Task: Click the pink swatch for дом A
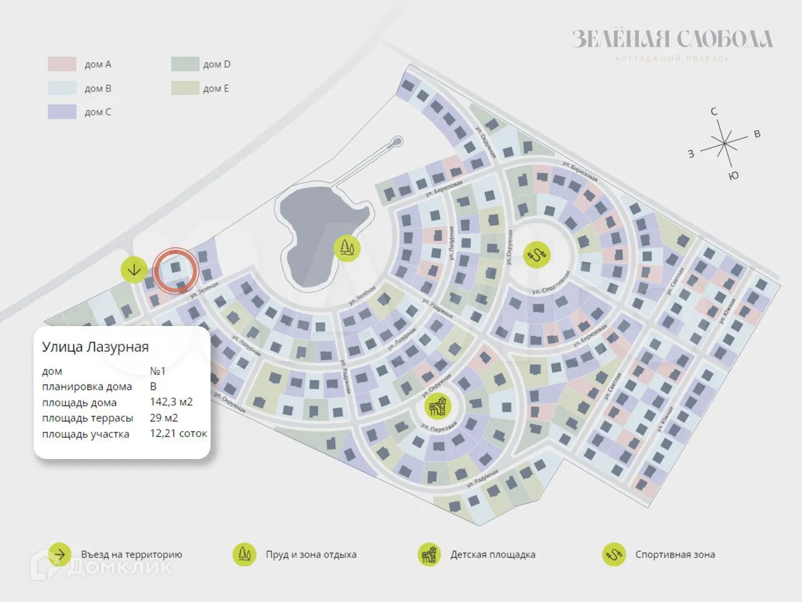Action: click(62, 64)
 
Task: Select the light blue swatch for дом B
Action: click(62, 88)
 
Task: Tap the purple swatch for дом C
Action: click(62, 112)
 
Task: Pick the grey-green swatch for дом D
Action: click(185, 64)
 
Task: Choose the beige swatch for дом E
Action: click(185, 88)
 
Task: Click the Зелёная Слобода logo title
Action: click(672, 40)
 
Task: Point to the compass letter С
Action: click(714, 112)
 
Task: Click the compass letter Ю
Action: click(734, 176)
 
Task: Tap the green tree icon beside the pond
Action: click(346, 248)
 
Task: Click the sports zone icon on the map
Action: click(537, 255)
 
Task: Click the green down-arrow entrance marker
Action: click(134, 270)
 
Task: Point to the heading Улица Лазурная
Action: click(95, 347)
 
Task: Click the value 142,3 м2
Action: click(171, 402)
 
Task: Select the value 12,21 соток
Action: click(178, 433)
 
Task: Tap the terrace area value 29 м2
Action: click(164, 418)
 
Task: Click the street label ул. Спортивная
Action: click(551, 283)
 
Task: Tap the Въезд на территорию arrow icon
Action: click(60, 554)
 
